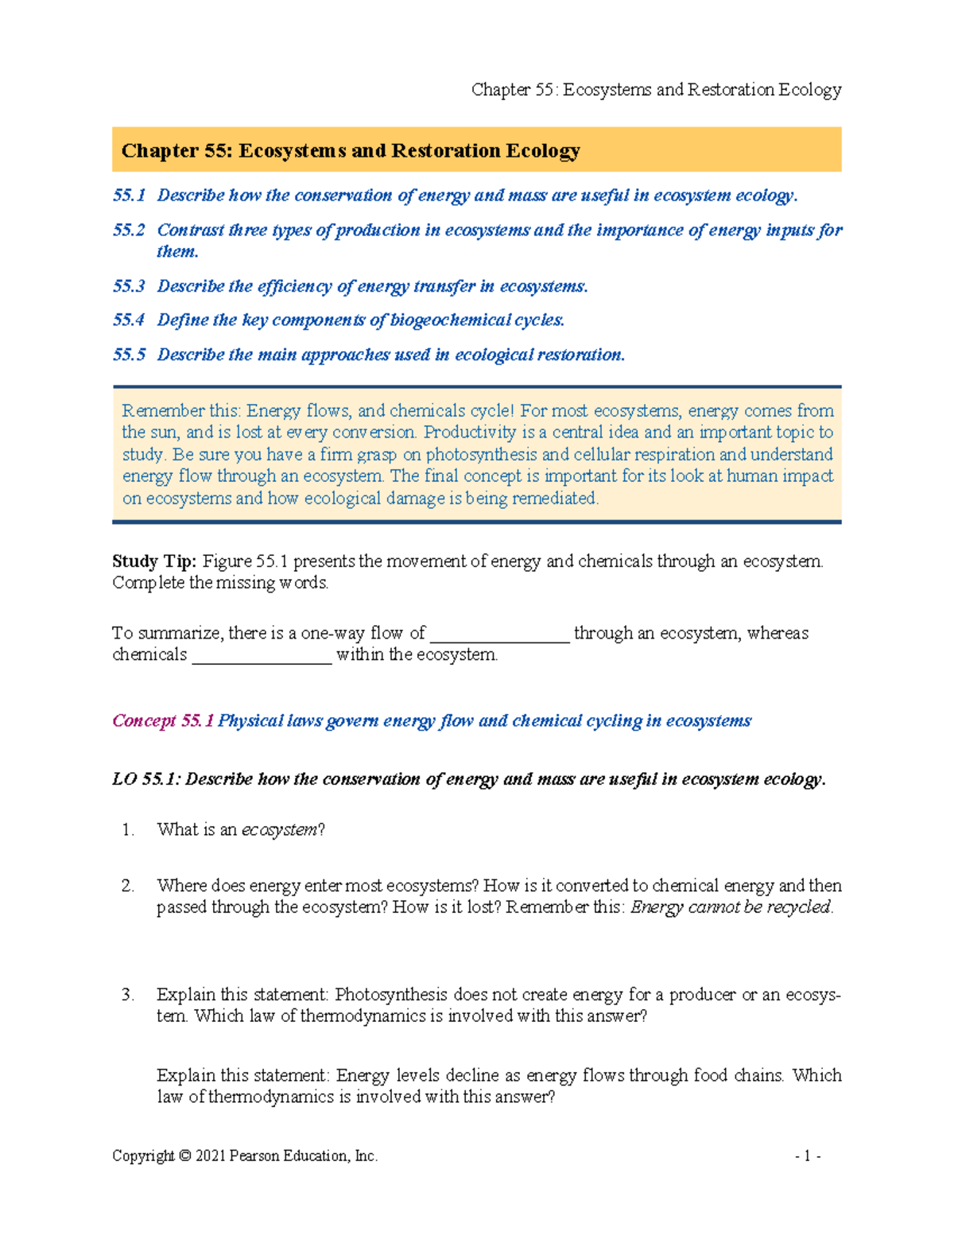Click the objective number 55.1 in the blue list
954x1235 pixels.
(129, 196)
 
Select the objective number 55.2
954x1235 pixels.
(129, 231)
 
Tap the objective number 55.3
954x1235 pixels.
(129, 286)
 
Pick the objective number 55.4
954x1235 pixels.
(129, 320)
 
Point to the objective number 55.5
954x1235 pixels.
(129, 355)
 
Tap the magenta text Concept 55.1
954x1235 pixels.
(163, 721)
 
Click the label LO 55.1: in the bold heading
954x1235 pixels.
(147, 779)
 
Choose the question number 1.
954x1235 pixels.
(128, 830)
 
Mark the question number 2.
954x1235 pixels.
(128, 886)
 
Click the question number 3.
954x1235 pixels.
(128, 995)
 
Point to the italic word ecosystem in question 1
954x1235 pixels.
(279, 830)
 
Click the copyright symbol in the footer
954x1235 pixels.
(184, 1156)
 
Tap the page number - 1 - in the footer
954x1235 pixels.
(808, 1156)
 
